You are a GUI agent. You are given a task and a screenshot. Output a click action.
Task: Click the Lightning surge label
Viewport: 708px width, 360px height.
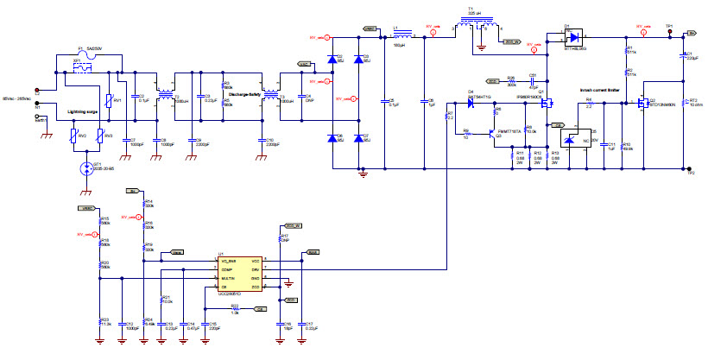[85, 111]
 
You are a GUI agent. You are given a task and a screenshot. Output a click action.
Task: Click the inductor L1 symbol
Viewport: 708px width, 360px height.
[400, 36]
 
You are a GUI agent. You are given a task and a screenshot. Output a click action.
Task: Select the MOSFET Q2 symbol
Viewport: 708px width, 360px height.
[642, 104]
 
